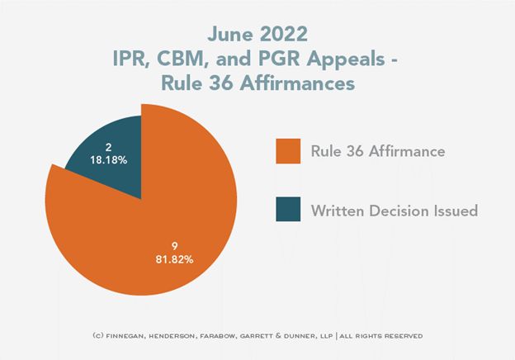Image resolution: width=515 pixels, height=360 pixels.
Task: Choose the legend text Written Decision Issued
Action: click(395, 210)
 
